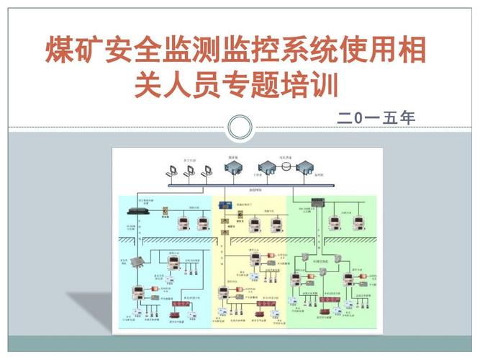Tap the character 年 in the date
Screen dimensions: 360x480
pyautogui.click(x=408, y=118)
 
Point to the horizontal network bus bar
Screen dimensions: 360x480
pyautogui.click(x=245, y=187)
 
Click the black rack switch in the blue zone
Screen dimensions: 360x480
pyautogui.click(x=136, y=211)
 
